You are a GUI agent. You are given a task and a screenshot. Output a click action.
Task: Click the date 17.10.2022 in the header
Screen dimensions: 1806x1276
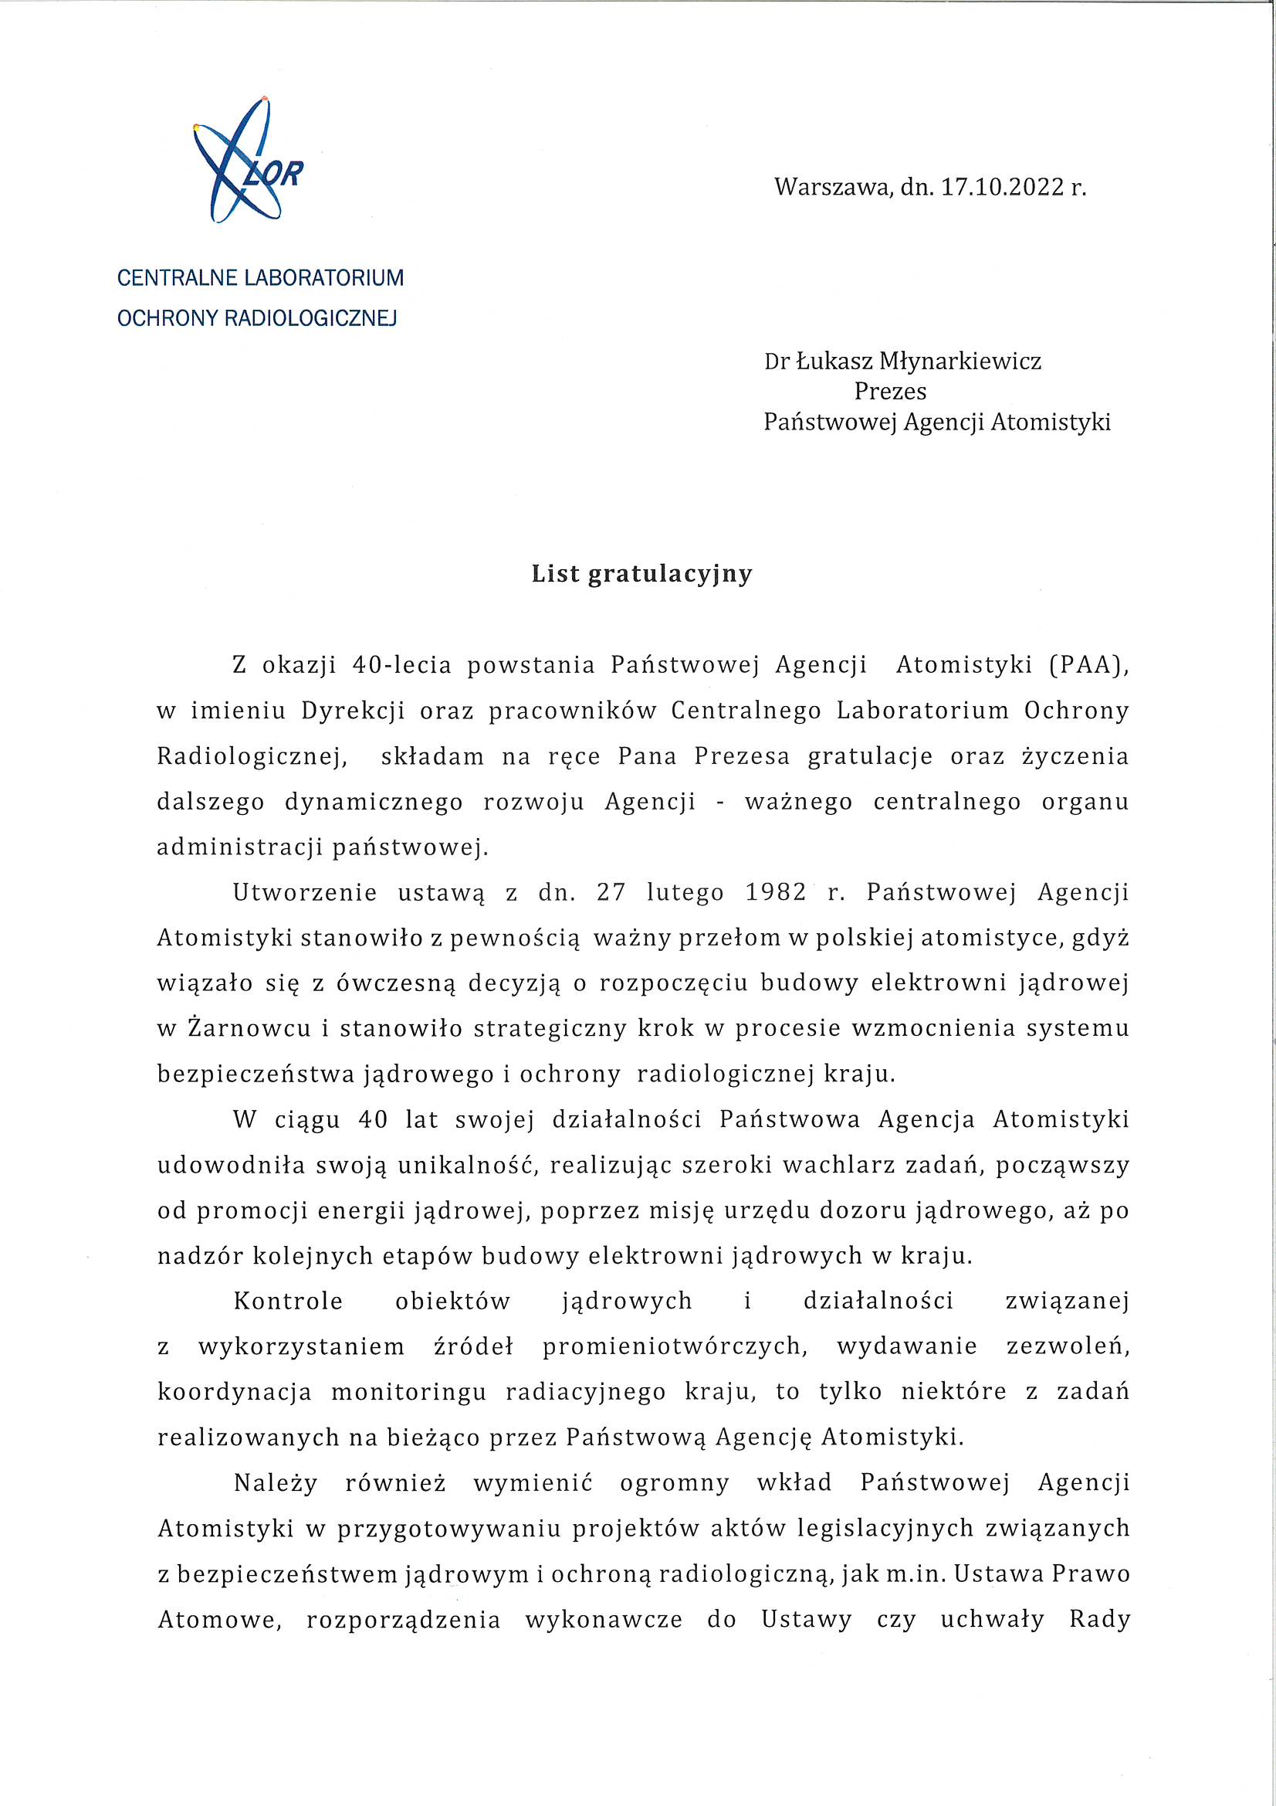click(1002, 187)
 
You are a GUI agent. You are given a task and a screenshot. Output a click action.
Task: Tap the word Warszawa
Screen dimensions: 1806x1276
click(833, 187)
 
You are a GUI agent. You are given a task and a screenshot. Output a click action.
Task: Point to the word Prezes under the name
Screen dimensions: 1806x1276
click(890, 392)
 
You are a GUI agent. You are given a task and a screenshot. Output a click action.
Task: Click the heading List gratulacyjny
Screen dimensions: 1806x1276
click(641, 574)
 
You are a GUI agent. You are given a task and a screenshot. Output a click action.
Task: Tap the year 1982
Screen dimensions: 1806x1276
click(775, 893)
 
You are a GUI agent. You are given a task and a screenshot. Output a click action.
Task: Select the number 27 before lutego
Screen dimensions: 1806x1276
click(610, 893)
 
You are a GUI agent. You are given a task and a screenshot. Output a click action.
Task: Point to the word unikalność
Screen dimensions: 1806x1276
click(467, 1166)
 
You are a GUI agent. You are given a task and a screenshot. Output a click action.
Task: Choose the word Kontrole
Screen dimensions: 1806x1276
click(288, 1302)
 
